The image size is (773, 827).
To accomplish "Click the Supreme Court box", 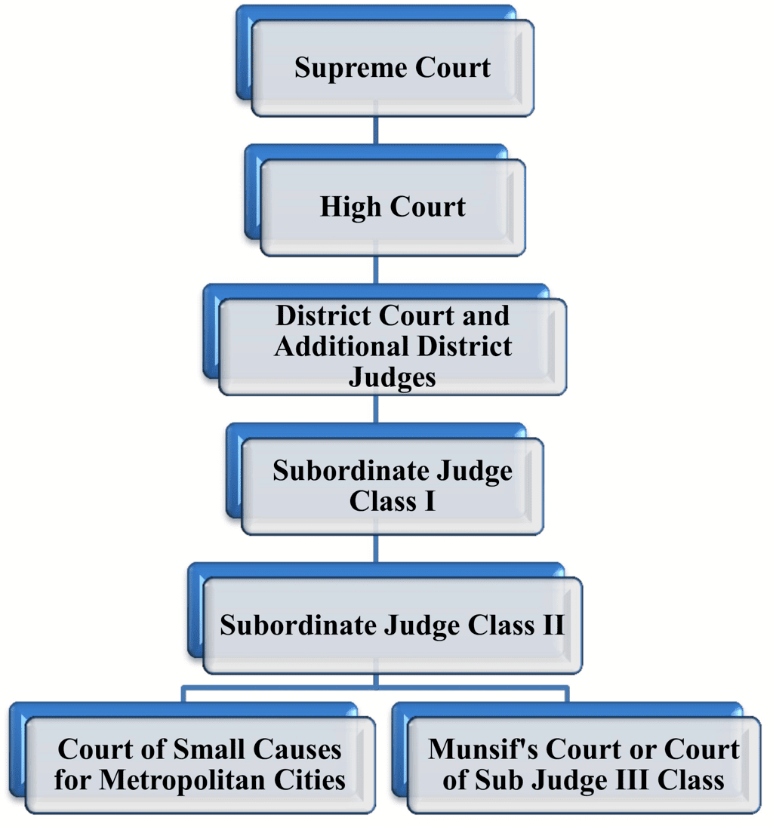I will (x=392, y=68).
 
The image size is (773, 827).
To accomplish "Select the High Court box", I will (x=392, y=207).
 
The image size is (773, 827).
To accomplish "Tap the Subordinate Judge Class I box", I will (x=392, y=486).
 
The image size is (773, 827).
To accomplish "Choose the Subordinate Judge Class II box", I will (x=392, y=626).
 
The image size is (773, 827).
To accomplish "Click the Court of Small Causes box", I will (x=199, y=764).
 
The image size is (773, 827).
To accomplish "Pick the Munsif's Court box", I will (x=584, y=764).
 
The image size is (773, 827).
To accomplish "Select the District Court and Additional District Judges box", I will (x=392, y=346).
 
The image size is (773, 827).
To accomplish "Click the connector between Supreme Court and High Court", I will (x=376, y=131).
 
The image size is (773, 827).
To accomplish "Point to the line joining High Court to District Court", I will (x=376, y=269).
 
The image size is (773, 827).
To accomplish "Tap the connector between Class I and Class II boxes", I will (x=376, y=549).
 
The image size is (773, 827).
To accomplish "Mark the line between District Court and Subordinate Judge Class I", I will (x=376, y=409).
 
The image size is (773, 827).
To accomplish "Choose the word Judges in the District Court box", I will (x=392, y=376).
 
